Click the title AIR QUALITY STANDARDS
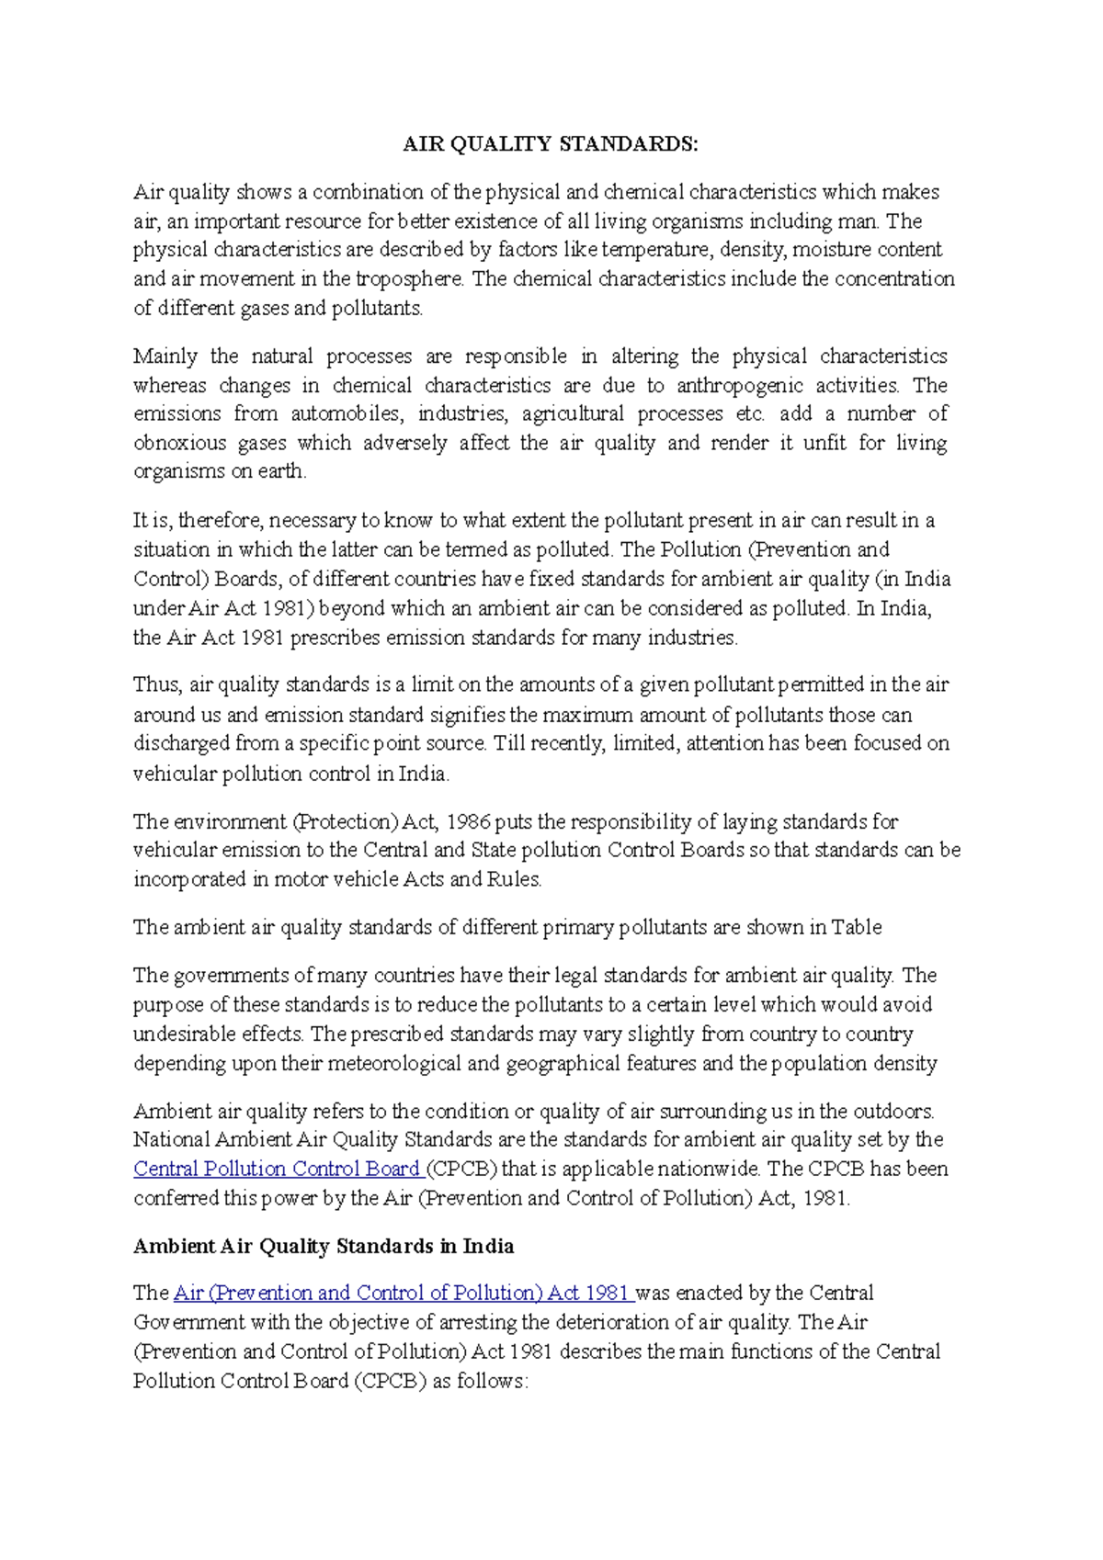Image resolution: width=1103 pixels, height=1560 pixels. click(551, 144)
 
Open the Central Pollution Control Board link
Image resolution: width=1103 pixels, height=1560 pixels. click(276, 1170)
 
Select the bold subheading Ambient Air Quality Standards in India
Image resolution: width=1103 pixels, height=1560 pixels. click(324, 1247)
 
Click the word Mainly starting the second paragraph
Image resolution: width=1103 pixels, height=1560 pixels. click(165, 356)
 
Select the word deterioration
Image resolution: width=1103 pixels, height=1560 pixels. click(598, 1323)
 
